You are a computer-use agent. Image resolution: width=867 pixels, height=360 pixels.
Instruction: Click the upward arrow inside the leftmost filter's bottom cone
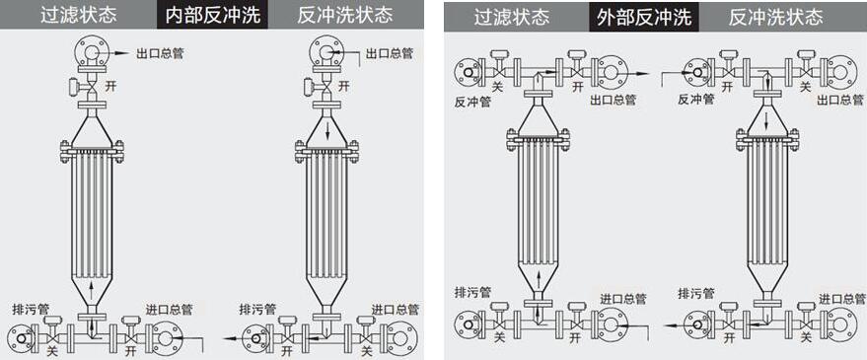(x=91, y=288)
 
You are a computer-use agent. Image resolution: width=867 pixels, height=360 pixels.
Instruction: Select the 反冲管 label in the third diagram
(x=472, y=101)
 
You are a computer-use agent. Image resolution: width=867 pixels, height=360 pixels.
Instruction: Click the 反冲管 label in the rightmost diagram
(x=696, y=100)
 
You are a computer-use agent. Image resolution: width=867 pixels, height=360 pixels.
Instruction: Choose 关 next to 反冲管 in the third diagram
(x=498, y=87)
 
